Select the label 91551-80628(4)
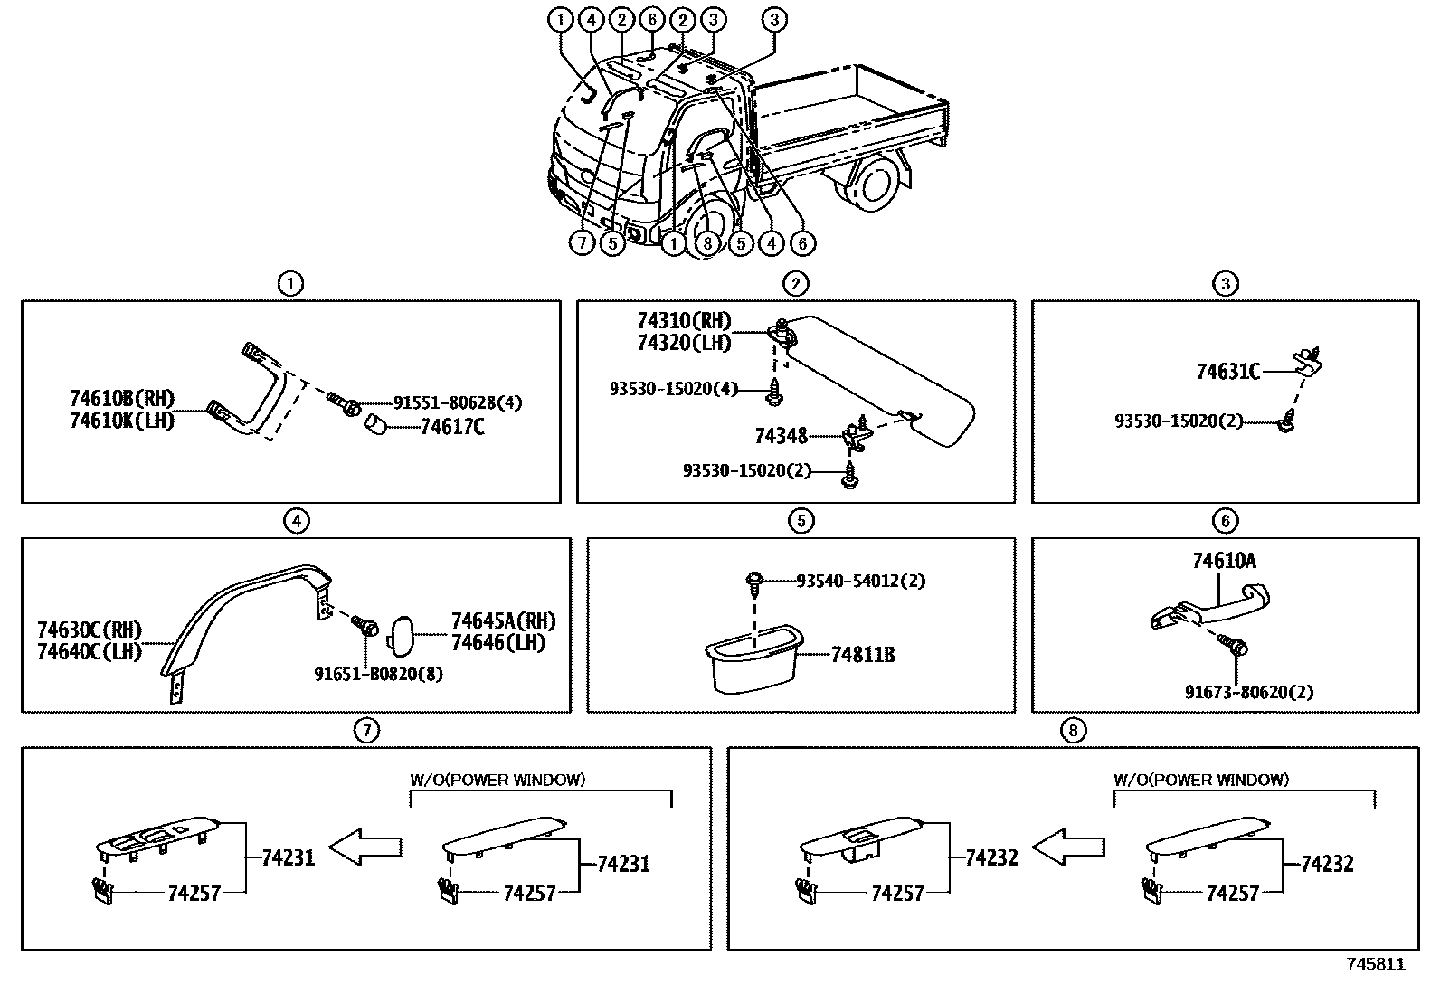[x=457, y=402]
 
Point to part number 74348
[x=781, y=436]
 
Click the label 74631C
[x=1227, y=371]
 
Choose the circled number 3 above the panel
[x=1225, y=284]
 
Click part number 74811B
[x=862, y=654]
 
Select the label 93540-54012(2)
[x=860, y=581]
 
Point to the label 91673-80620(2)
[x=1249, y=692]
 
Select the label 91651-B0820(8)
[x=378, y=674]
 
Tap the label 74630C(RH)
[x=90, y=630]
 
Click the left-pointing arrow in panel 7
[x=365, y=847]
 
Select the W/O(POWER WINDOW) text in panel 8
[x=1200, y=779]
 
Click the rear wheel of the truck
[x=875, y=184]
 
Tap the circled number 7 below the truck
[x=583, y=242]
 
